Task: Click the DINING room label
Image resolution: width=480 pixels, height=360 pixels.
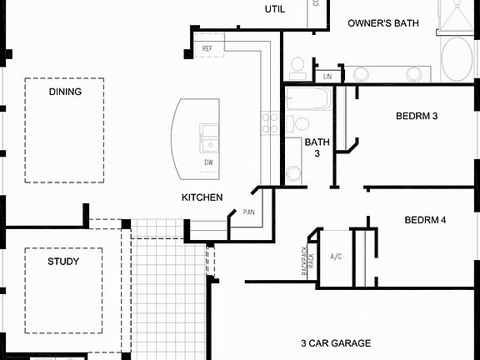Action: pos(65,92)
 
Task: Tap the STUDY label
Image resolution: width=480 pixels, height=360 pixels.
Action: pos(63,262)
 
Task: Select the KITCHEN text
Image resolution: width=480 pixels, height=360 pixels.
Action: pos(202,197)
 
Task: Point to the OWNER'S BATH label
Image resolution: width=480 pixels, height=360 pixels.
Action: pos(382,23)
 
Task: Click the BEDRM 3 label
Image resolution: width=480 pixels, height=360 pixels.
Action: pos(417,116)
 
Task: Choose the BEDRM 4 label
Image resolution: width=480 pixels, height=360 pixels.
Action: pos(425,220)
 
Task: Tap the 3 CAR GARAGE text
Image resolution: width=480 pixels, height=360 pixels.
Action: pos(336,342)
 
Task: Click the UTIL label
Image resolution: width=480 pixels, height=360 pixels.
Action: pos(275,9)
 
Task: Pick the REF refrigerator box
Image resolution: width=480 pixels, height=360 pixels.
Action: pos(207,49)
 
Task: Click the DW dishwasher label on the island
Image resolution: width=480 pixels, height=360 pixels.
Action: pos(208,162)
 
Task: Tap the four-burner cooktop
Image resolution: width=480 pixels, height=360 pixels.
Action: pos(270,123)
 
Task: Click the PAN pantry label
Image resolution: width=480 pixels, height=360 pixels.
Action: pos(248,212)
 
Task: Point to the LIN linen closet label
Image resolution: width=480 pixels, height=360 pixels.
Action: pos(327,77)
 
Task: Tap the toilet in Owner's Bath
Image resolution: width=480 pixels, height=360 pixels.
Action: pos(297,67)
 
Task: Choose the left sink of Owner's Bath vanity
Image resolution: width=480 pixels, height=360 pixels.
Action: pos(361,74)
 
